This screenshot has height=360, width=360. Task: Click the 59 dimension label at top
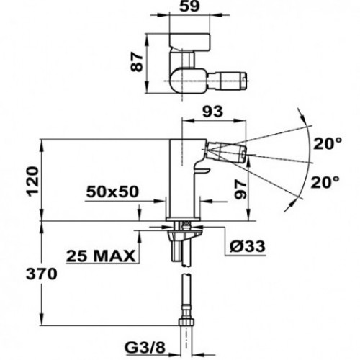pyautogui.click(x=189, y=6)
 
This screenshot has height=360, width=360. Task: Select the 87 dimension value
pyautogui.click(x=137, y=62)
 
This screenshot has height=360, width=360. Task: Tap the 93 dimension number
pyautogui.click(x=212, y=112)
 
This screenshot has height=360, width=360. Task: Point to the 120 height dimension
pyautogui.click(x=33, y=181)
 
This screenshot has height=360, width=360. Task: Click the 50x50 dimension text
pyautogui.click(x=112, y=192)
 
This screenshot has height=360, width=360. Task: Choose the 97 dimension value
pyautogui.click(x=240, y=190)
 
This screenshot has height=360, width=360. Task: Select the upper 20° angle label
pyautogui.click(x=328, y=144)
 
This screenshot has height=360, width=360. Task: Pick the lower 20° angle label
pyautogui.click(x=325, y=182)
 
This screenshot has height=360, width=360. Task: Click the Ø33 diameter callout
pyautogui.click(x=247, y=246)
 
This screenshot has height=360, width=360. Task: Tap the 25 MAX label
pyautogui.click(x=101, y=256)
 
